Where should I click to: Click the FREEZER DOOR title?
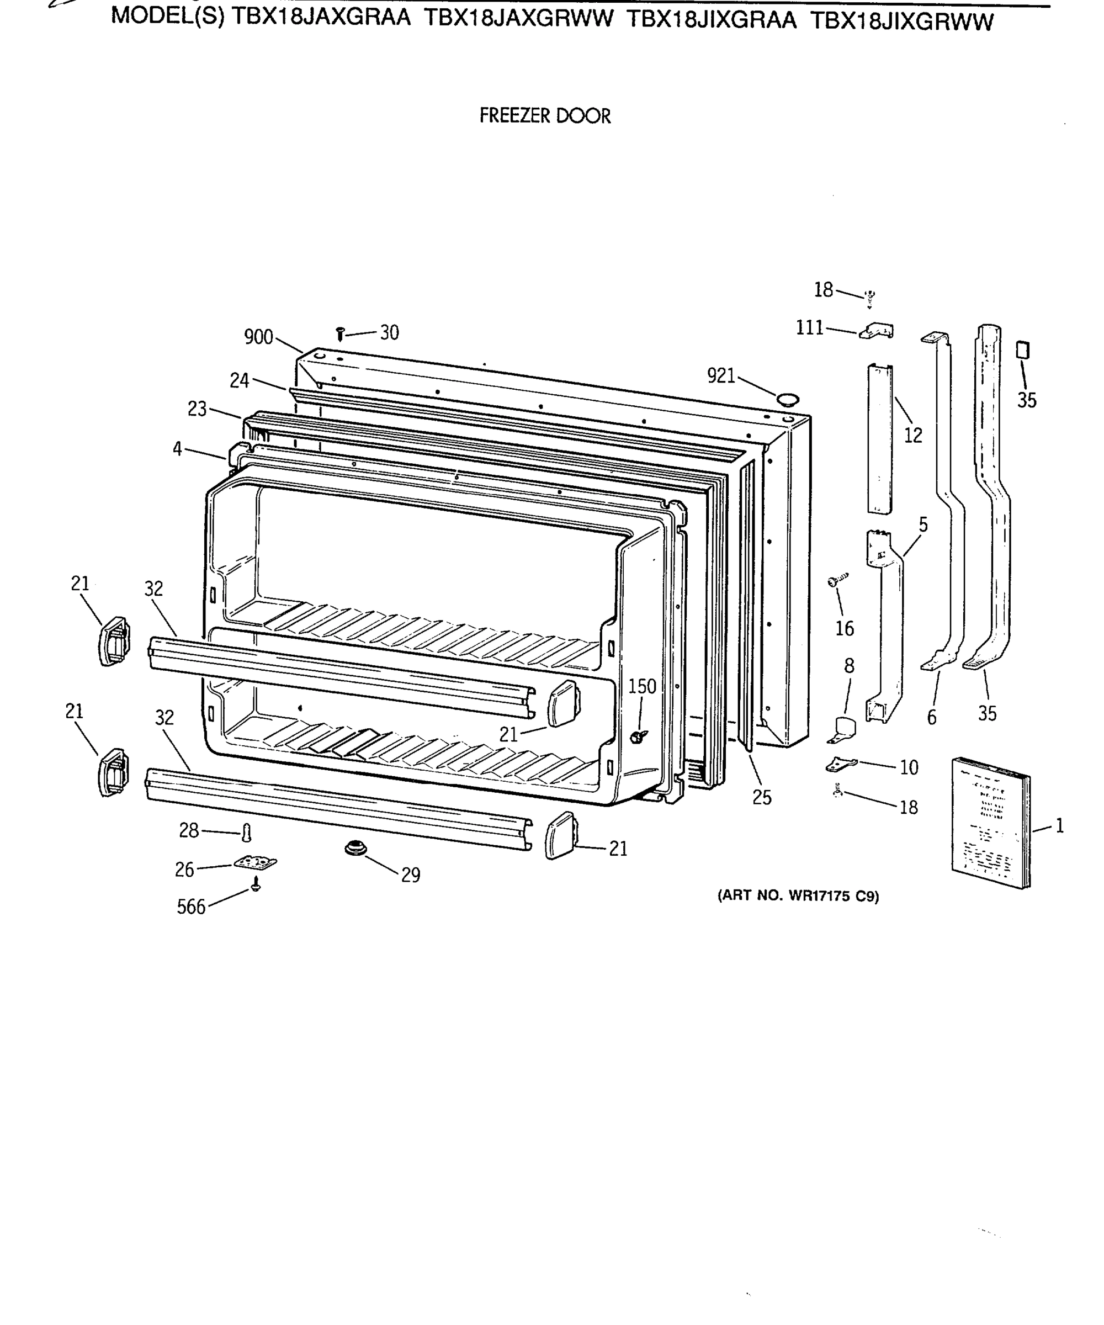coord(544,116)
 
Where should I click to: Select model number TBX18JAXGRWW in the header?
coord(518,19)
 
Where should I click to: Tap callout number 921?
coord(721,376)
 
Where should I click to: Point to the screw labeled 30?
coord(340,334)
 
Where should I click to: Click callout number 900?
coord(258,337)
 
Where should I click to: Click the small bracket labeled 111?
coord(877,331)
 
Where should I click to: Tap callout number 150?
coord(641,686)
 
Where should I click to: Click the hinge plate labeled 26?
coord(255,862)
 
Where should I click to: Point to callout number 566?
coord(190,907)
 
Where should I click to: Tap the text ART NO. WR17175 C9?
coord(798,896)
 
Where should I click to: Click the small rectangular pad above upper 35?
coord(1023,350)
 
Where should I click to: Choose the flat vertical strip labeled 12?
coord(879,438)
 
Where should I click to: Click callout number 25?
coord(761,798)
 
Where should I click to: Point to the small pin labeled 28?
coord(247,834)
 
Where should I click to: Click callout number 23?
coord(197,410)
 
